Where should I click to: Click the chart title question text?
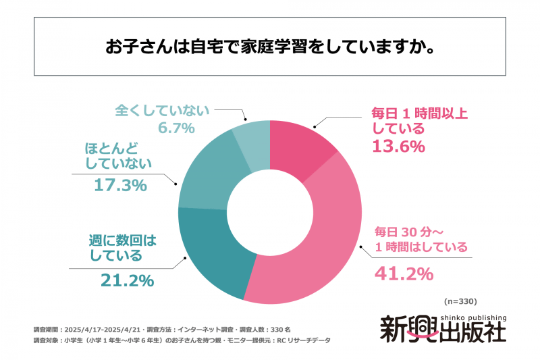click(x=269, y=47)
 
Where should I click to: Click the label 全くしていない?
click(x=163, y=110)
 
